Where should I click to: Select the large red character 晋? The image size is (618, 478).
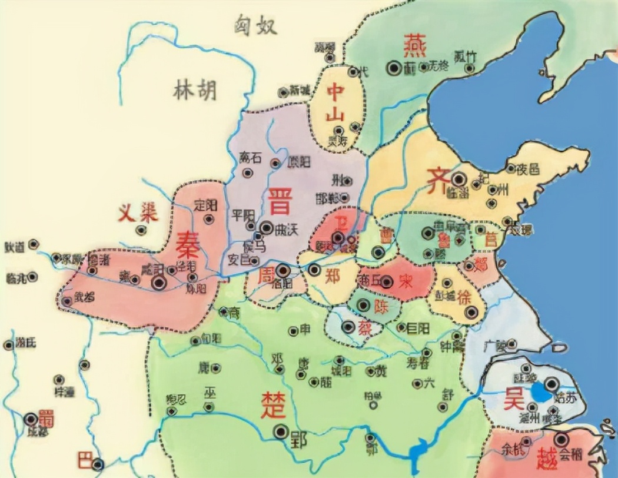(x=278, y=203)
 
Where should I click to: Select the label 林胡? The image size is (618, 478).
(x=195, y=90)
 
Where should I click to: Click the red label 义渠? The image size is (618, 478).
(x=138, y=213)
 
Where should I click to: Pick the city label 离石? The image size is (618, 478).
(x=251, y=157)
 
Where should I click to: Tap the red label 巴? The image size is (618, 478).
(x=85, y=460)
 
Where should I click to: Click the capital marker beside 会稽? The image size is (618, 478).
(x=561, y=439)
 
